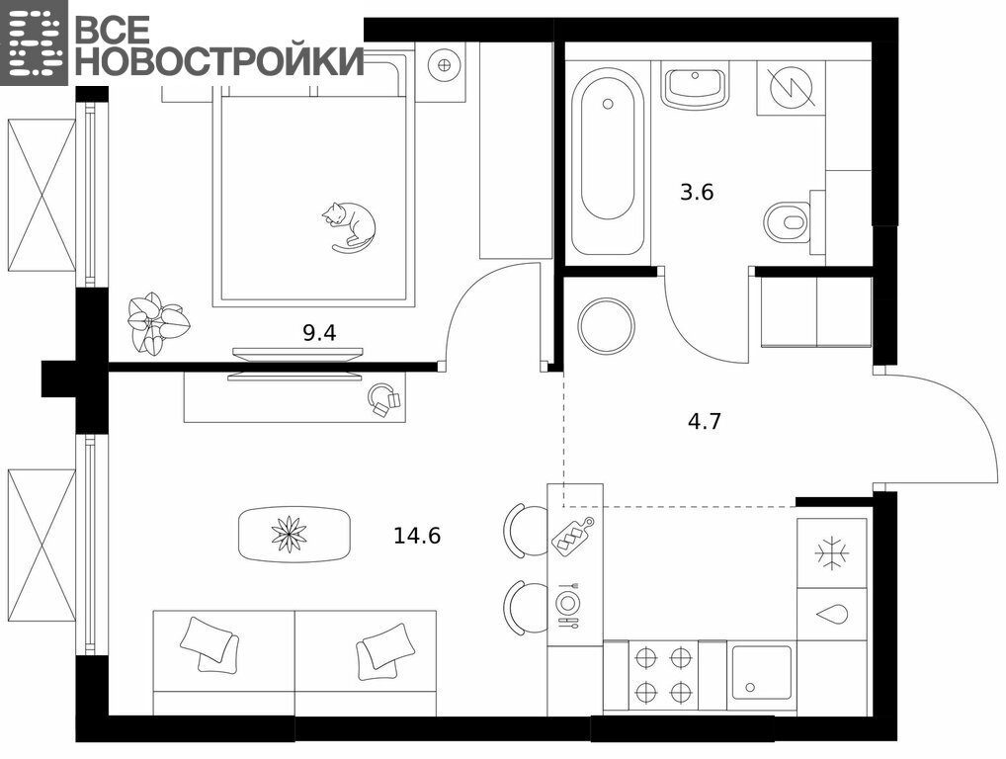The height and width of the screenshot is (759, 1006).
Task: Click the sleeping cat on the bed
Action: (x=350, y=226)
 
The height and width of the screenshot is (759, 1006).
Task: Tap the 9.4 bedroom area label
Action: (x=319, y=333)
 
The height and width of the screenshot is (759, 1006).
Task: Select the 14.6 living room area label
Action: (x=417, y=535)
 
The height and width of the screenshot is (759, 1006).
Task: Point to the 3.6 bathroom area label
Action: (x=697, y=192)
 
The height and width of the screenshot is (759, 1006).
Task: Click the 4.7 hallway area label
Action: (x=705, y=421)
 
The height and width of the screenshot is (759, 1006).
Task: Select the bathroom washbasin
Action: (x=696, y=85)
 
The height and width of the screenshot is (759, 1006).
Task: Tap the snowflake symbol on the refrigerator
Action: (x=832, y=552)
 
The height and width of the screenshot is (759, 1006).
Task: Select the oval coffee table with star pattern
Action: (x=294, y=535)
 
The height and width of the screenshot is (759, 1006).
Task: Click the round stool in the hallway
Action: (x=607, y=326)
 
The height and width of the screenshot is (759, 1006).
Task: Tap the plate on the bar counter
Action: (x=568, y=603)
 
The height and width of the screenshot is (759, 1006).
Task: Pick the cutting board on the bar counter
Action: (x=573, y=535)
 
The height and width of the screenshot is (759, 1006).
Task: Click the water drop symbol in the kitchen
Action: (x=832, y=614)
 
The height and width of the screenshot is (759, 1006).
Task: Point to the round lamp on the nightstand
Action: (x=444, y=64)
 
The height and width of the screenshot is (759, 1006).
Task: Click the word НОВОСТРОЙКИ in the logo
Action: (x=222, y=60)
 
